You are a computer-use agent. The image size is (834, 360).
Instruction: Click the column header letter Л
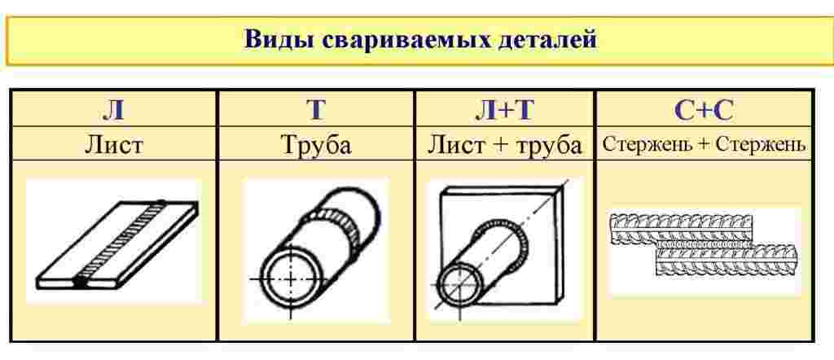(113, 109)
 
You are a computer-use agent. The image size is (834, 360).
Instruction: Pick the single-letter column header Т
(316, 109)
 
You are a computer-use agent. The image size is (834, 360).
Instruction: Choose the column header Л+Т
(504, 109)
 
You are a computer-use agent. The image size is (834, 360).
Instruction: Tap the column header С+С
(705, 109)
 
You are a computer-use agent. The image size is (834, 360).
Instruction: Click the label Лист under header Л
(114, 145)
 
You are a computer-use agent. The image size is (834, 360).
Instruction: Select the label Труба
(316, 145)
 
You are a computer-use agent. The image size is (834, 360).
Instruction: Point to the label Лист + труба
(504, 145)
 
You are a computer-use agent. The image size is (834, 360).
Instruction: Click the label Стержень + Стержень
(705, 145)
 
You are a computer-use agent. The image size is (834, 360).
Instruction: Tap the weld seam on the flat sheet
(121, 244)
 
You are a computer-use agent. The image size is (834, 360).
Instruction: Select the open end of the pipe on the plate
(458, 288)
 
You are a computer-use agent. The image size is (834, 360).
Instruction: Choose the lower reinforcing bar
(727, 260)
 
